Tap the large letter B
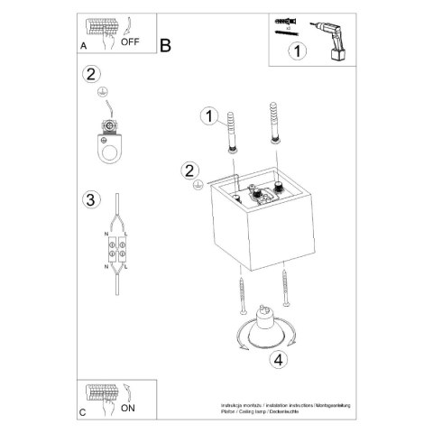(x=166, y=45)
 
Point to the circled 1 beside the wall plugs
(x=209, y=115)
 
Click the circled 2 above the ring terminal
(x=90, y=75)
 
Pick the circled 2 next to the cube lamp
(x=189, y=170)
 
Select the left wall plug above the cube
(x=233, y=131)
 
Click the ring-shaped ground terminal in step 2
(x=111, y=137)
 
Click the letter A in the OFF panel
(x=83, y=45)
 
